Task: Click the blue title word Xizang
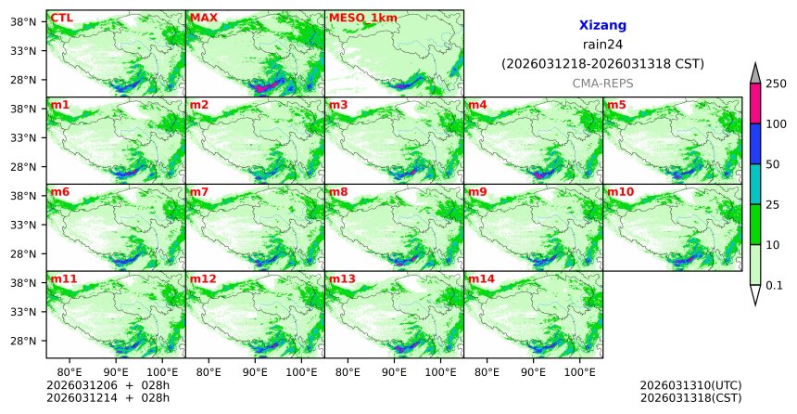602,26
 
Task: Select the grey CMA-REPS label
602,84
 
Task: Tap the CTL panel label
61,18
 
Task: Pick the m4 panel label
477,105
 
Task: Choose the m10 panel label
620,192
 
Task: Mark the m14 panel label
481,278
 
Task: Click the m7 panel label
199,192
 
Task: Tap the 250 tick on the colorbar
776,84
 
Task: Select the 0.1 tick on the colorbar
774,285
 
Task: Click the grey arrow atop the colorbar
755,73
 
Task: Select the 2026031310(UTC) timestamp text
690,385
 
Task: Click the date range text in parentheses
602,64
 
